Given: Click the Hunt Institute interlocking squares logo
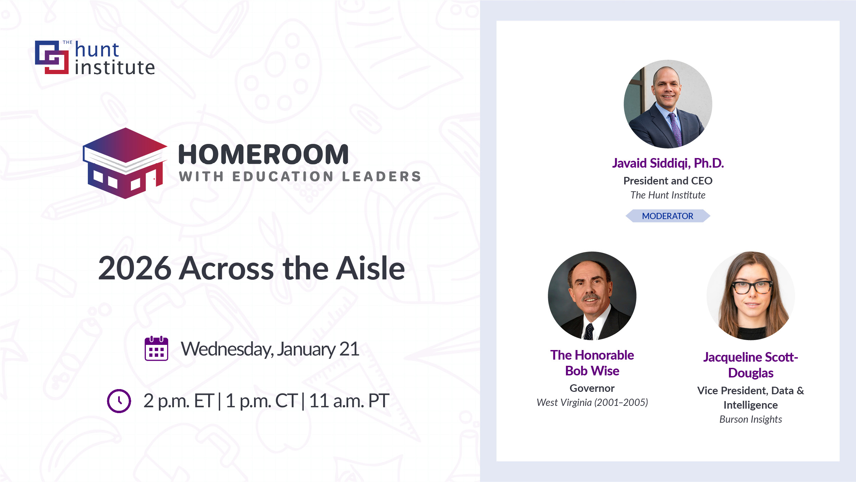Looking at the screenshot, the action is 52,57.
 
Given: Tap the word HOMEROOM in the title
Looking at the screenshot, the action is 263,154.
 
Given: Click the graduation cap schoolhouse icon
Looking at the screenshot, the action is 125,163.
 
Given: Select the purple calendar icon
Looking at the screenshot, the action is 156,348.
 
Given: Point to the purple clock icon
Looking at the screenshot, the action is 119,401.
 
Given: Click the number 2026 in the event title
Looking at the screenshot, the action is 135,268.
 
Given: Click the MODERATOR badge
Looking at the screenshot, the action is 668,216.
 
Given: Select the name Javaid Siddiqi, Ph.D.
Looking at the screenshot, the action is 668,163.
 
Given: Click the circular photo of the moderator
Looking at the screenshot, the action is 668,104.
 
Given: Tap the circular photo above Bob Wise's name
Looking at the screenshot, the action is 592,296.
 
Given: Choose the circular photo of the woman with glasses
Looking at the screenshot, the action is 751,296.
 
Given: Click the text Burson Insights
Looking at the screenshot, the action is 751,419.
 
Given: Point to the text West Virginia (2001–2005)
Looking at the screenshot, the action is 592,402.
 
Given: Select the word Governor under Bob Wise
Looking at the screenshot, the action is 592,388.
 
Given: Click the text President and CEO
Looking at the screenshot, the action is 668,181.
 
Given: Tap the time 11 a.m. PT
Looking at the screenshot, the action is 349,401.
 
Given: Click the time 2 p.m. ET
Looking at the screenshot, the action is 178,401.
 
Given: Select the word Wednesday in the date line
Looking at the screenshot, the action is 227,349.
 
